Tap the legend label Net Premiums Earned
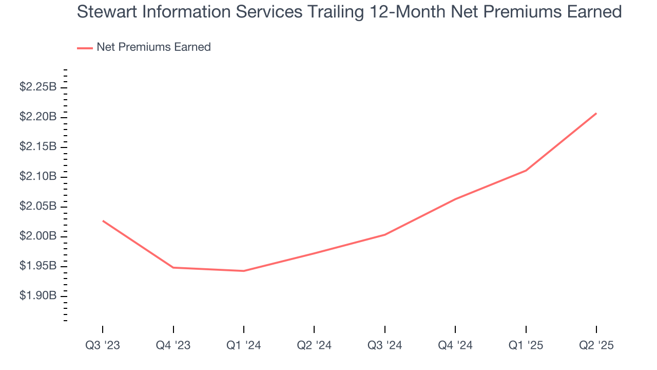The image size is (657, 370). (x=153, y=47)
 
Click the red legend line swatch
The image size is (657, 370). (x=85, y=48)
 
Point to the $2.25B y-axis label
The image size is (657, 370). (x=37, y=87)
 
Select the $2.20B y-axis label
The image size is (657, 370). (x=37, y=117)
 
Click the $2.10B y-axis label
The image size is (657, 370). (x=37, y=177)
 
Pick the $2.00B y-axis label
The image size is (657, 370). (x=37, y=236)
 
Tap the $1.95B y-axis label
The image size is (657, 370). (x=37, y=266)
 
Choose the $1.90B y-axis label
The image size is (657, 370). (x=37, y=296)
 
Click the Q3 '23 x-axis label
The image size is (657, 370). (x=103, y=346)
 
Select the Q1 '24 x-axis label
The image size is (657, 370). (x=244, y=346)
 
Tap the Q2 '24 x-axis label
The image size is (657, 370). (x=314, y=346)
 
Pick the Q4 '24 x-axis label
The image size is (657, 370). (x=455, y=346)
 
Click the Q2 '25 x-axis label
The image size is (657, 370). (x=596, y=346)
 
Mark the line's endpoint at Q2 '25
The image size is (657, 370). (x=596, y=114)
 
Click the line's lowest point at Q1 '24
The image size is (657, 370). (x=244, y=271)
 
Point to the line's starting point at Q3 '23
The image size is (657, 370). (x=103, y=221)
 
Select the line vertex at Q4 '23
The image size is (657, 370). (x=173, y=267)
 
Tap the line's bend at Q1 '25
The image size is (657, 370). (x=526, y=171)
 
